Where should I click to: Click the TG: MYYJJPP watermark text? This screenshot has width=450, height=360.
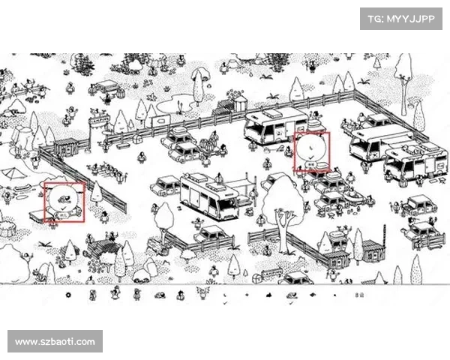click(x=401, y=19)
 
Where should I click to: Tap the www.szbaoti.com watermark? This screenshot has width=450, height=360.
click(x=55, y=342)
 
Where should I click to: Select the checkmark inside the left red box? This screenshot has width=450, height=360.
click(x=64, y=207)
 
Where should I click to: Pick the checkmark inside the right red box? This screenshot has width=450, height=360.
click(x=311, y=157)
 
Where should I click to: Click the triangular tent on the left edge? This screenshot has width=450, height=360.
click(x=12, y=172)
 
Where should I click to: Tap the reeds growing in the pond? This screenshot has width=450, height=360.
click(x=180, y=106)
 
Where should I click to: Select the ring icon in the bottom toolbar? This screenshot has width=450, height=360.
click(x=68, y=295)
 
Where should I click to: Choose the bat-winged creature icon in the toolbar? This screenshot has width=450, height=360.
click(x=203, y=293)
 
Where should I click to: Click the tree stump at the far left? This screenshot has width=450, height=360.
click(x=6, y=229)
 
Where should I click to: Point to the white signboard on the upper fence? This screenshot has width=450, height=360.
click(x=160, y=121)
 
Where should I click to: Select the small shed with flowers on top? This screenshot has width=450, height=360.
click(x=240, y=103)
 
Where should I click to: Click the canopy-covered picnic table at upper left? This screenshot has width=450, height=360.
click(x=107, y=85)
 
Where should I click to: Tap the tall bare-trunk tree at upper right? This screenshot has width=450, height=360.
click(x=403, y=83)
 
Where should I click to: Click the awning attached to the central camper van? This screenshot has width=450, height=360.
click(x=243, y=184)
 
